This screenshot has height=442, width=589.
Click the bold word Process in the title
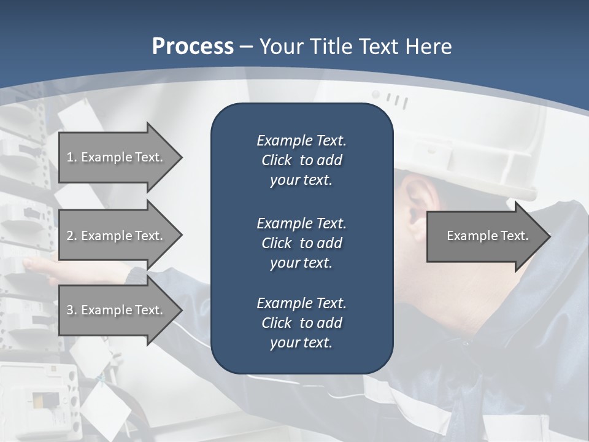coord(193,47)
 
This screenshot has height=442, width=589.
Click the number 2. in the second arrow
coord(71,236)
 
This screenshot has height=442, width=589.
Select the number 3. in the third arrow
coord(71,310)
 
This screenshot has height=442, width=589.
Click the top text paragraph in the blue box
coord(301,160)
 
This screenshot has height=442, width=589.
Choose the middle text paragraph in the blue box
coord(301,242)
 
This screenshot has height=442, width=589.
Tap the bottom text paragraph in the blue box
coord(301,323)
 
